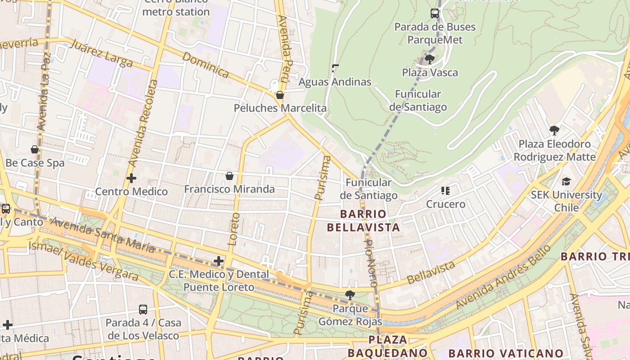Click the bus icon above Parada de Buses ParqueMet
point(435,13)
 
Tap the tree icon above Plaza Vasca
point(430,59)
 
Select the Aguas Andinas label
point(335,82)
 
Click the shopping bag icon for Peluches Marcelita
point(280,95)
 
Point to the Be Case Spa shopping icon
point(35,149)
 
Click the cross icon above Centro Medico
point(131,178)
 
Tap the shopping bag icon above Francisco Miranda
point(229,175)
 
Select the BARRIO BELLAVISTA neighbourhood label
point(364,220)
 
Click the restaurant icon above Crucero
point(445,191)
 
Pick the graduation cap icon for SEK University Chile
point(566,181)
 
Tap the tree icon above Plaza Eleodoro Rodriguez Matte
point(554,130)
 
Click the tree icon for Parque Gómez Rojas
point(350,295)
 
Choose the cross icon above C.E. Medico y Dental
point(219,261)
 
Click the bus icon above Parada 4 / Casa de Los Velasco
point(143,309)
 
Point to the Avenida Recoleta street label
point(143,124)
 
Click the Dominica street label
point(206,65)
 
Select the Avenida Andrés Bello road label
point(503,278)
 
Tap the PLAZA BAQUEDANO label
point(388,346)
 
